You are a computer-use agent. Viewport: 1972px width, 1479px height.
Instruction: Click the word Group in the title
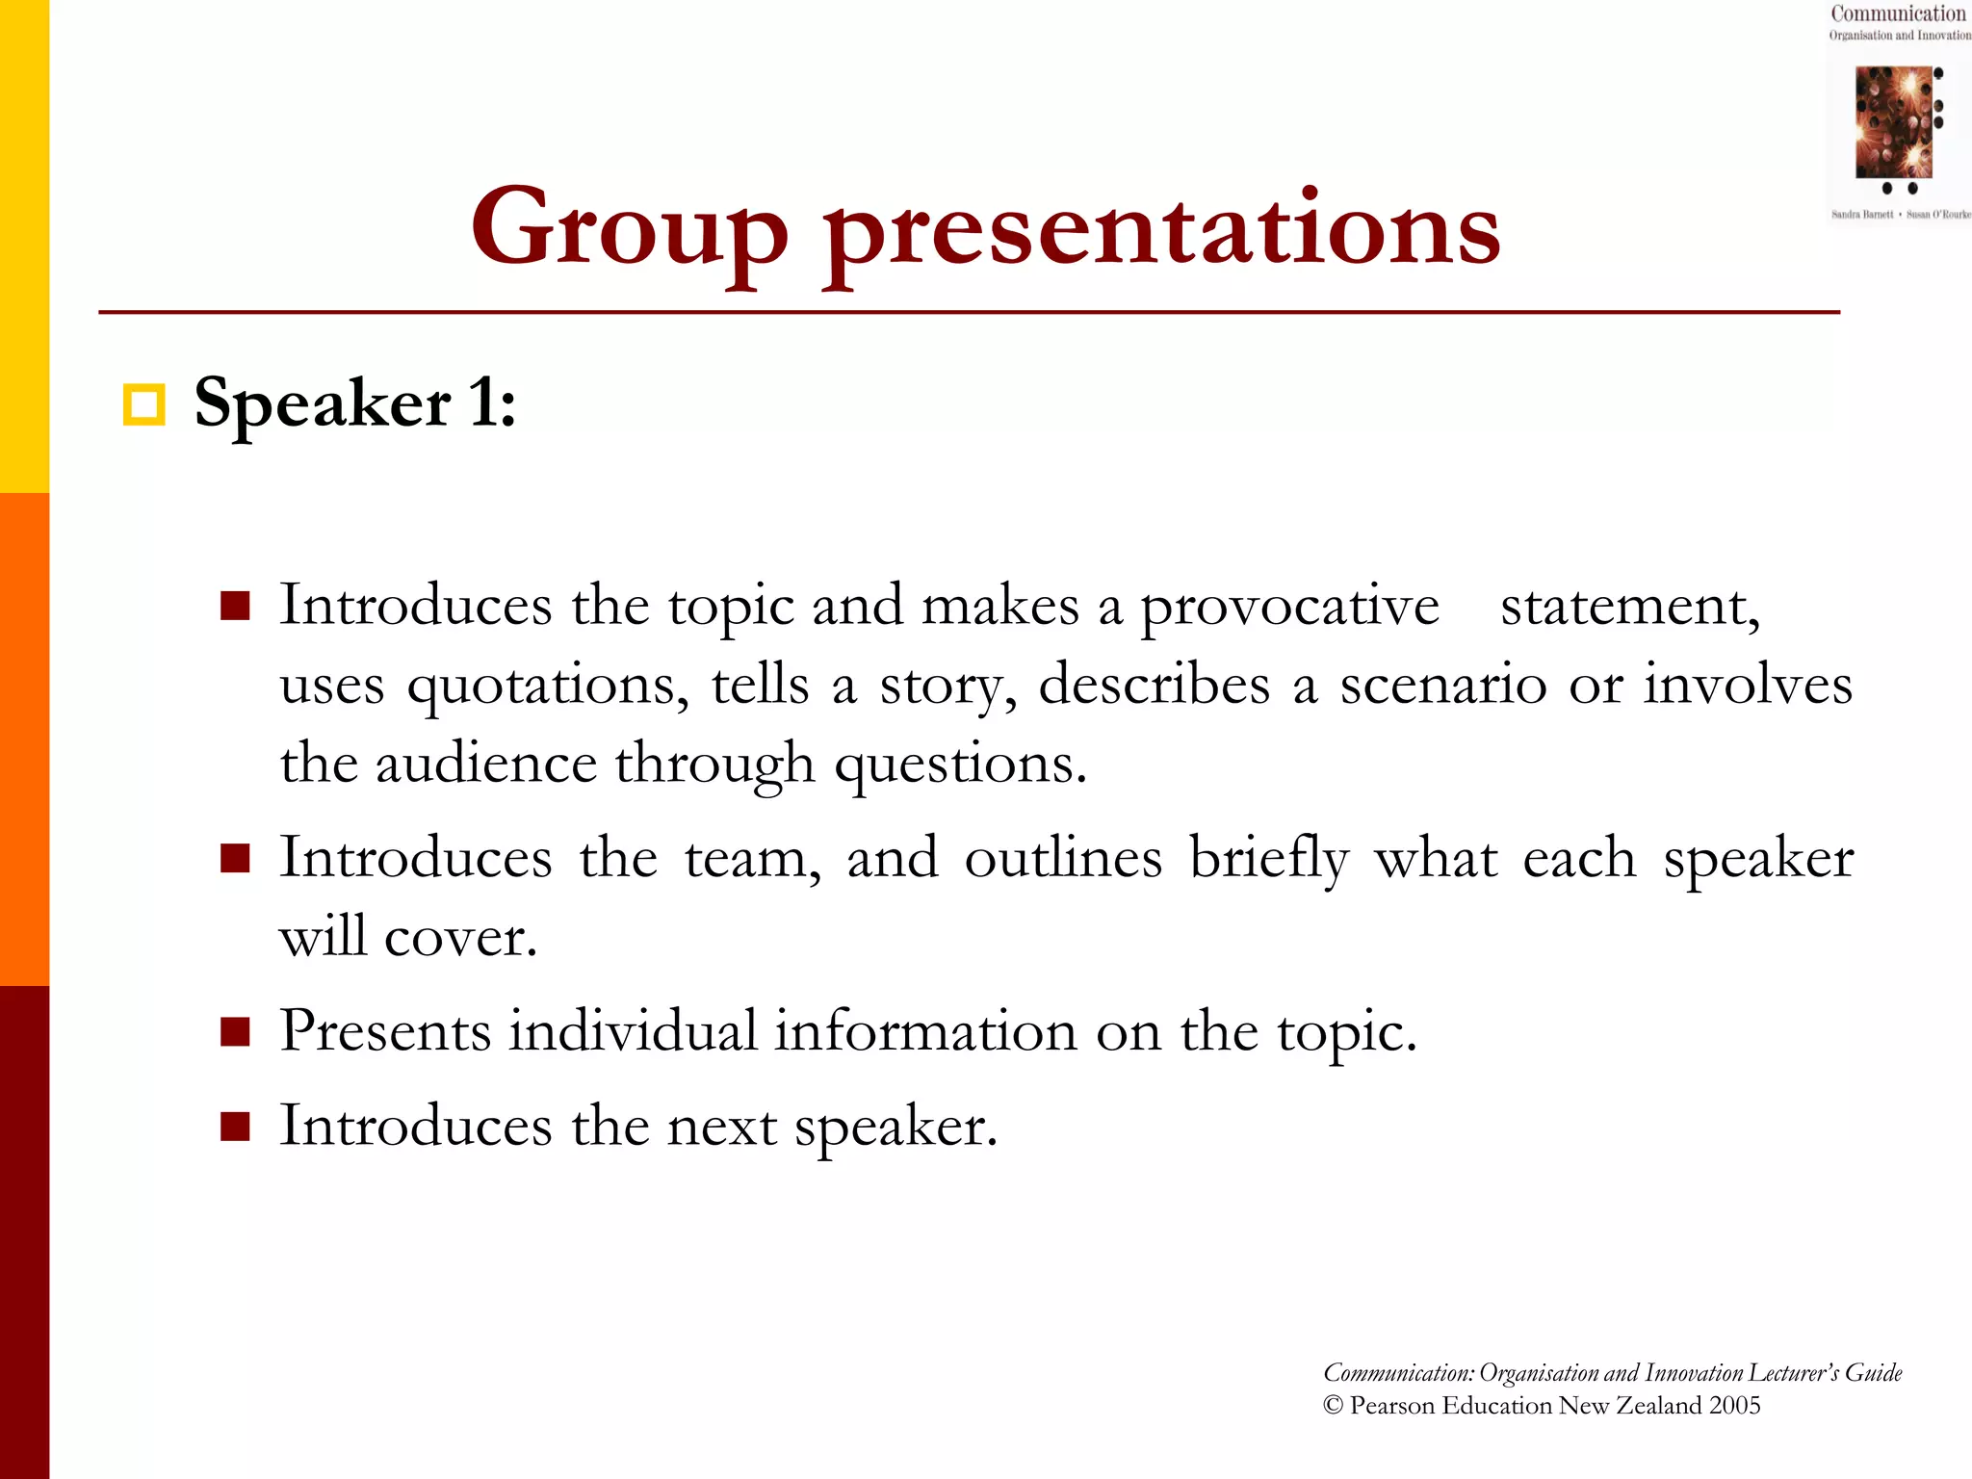point(628,229)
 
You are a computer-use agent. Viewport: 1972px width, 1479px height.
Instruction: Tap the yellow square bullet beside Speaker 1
point(144,404)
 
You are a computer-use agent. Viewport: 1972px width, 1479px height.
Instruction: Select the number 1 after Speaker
point(483,402)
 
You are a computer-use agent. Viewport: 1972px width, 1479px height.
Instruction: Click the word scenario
point(1442,686)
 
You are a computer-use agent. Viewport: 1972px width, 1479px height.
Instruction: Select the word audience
point(485,765)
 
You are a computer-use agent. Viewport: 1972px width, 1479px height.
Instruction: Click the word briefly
point(1267,859)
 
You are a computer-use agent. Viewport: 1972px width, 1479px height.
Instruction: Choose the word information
point(925,1031)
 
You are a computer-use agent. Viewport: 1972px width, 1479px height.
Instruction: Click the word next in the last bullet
point(721,1127)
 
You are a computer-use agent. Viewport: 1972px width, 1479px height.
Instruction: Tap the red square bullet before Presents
point(235,1031)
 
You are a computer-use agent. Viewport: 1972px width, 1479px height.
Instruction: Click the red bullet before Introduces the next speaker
point(235,1126)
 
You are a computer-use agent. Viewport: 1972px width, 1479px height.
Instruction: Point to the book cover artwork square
point(1892,121)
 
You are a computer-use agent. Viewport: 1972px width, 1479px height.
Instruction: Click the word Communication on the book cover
point(1897,13)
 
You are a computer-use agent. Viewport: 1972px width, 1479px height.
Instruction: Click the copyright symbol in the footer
point(1333,1406)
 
